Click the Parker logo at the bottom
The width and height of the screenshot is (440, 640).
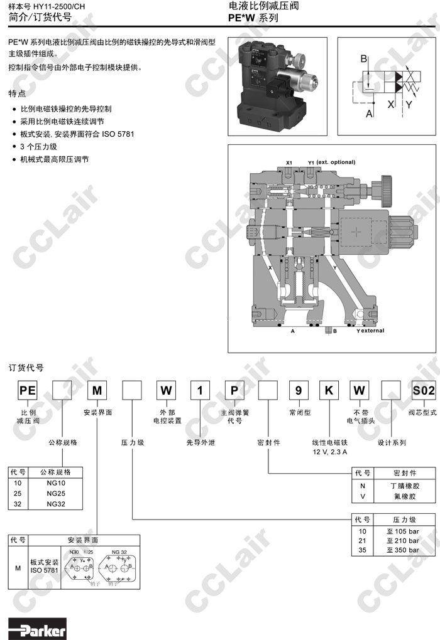38,628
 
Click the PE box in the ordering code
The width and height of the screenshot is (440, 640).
27,390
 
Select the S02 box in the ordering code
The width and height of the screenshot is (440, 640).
423,390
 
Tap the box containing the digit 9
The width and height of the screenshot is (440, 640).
299,390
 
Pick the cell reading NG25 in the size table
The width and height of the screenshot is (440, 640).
56,494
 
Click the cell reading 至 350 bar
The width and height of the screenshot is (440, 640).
402,550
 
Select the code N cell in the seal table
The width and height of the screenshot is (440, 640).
362,486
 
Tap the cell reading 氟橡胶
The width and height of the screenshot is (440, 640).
404,496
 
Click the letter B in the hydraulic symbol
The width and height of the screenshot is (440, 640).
363,59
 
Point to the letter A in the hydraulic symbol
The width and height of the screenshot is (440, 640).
369,114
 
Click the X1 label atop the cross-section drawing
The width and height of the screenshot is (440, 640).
289,163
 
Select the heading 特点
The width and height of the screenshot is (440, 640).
17,93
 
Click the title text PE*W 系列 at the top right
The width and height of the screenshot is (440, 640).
253,18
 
